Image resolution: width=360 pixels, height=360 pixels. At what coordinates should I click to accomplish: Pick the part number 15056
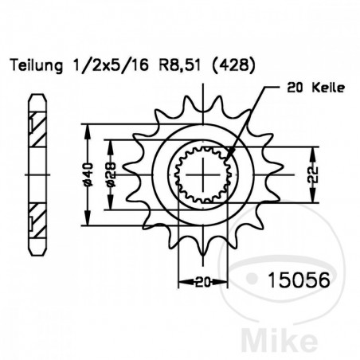(292, 280)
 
